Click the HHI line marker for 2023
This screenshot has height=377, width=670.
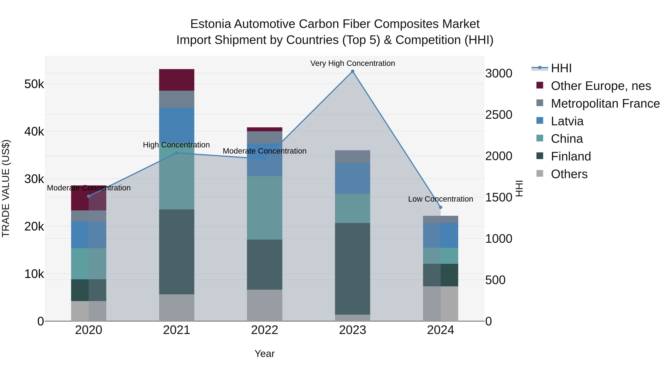(352, 71)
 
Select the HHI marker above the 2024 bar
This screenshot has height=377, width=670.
(441, 207)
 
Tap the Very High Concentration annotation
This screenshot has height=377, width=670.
(352, 63)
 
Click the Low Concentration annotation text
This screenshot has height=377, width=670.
(440, 199)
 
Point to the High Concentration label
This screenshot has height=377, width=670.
(176, 145)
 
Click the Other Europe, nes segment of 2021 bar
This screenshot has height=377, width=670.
(177, 80)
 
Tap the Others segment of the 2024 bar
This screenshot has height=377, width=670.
(441, 304)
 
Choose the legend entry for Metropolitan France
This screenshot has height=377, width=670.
(605, 104)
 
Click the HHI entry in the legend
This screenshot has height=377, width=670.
(561, 68)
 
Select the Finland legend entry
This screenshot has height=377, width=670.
(571, 156)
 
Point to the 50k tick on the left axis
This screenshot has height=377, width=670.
(34, 84)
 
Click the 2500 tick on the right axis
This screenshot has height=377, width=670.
(499, 115)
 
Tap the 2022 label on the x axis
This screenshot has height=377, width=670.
(264, 330)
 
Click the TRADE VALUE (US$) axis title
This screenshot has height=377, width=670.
(6, 188)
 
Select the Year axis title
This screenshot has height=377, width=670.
(264, 354)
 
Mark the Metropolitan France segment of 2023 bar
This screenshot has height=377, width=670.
(352, 157)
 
